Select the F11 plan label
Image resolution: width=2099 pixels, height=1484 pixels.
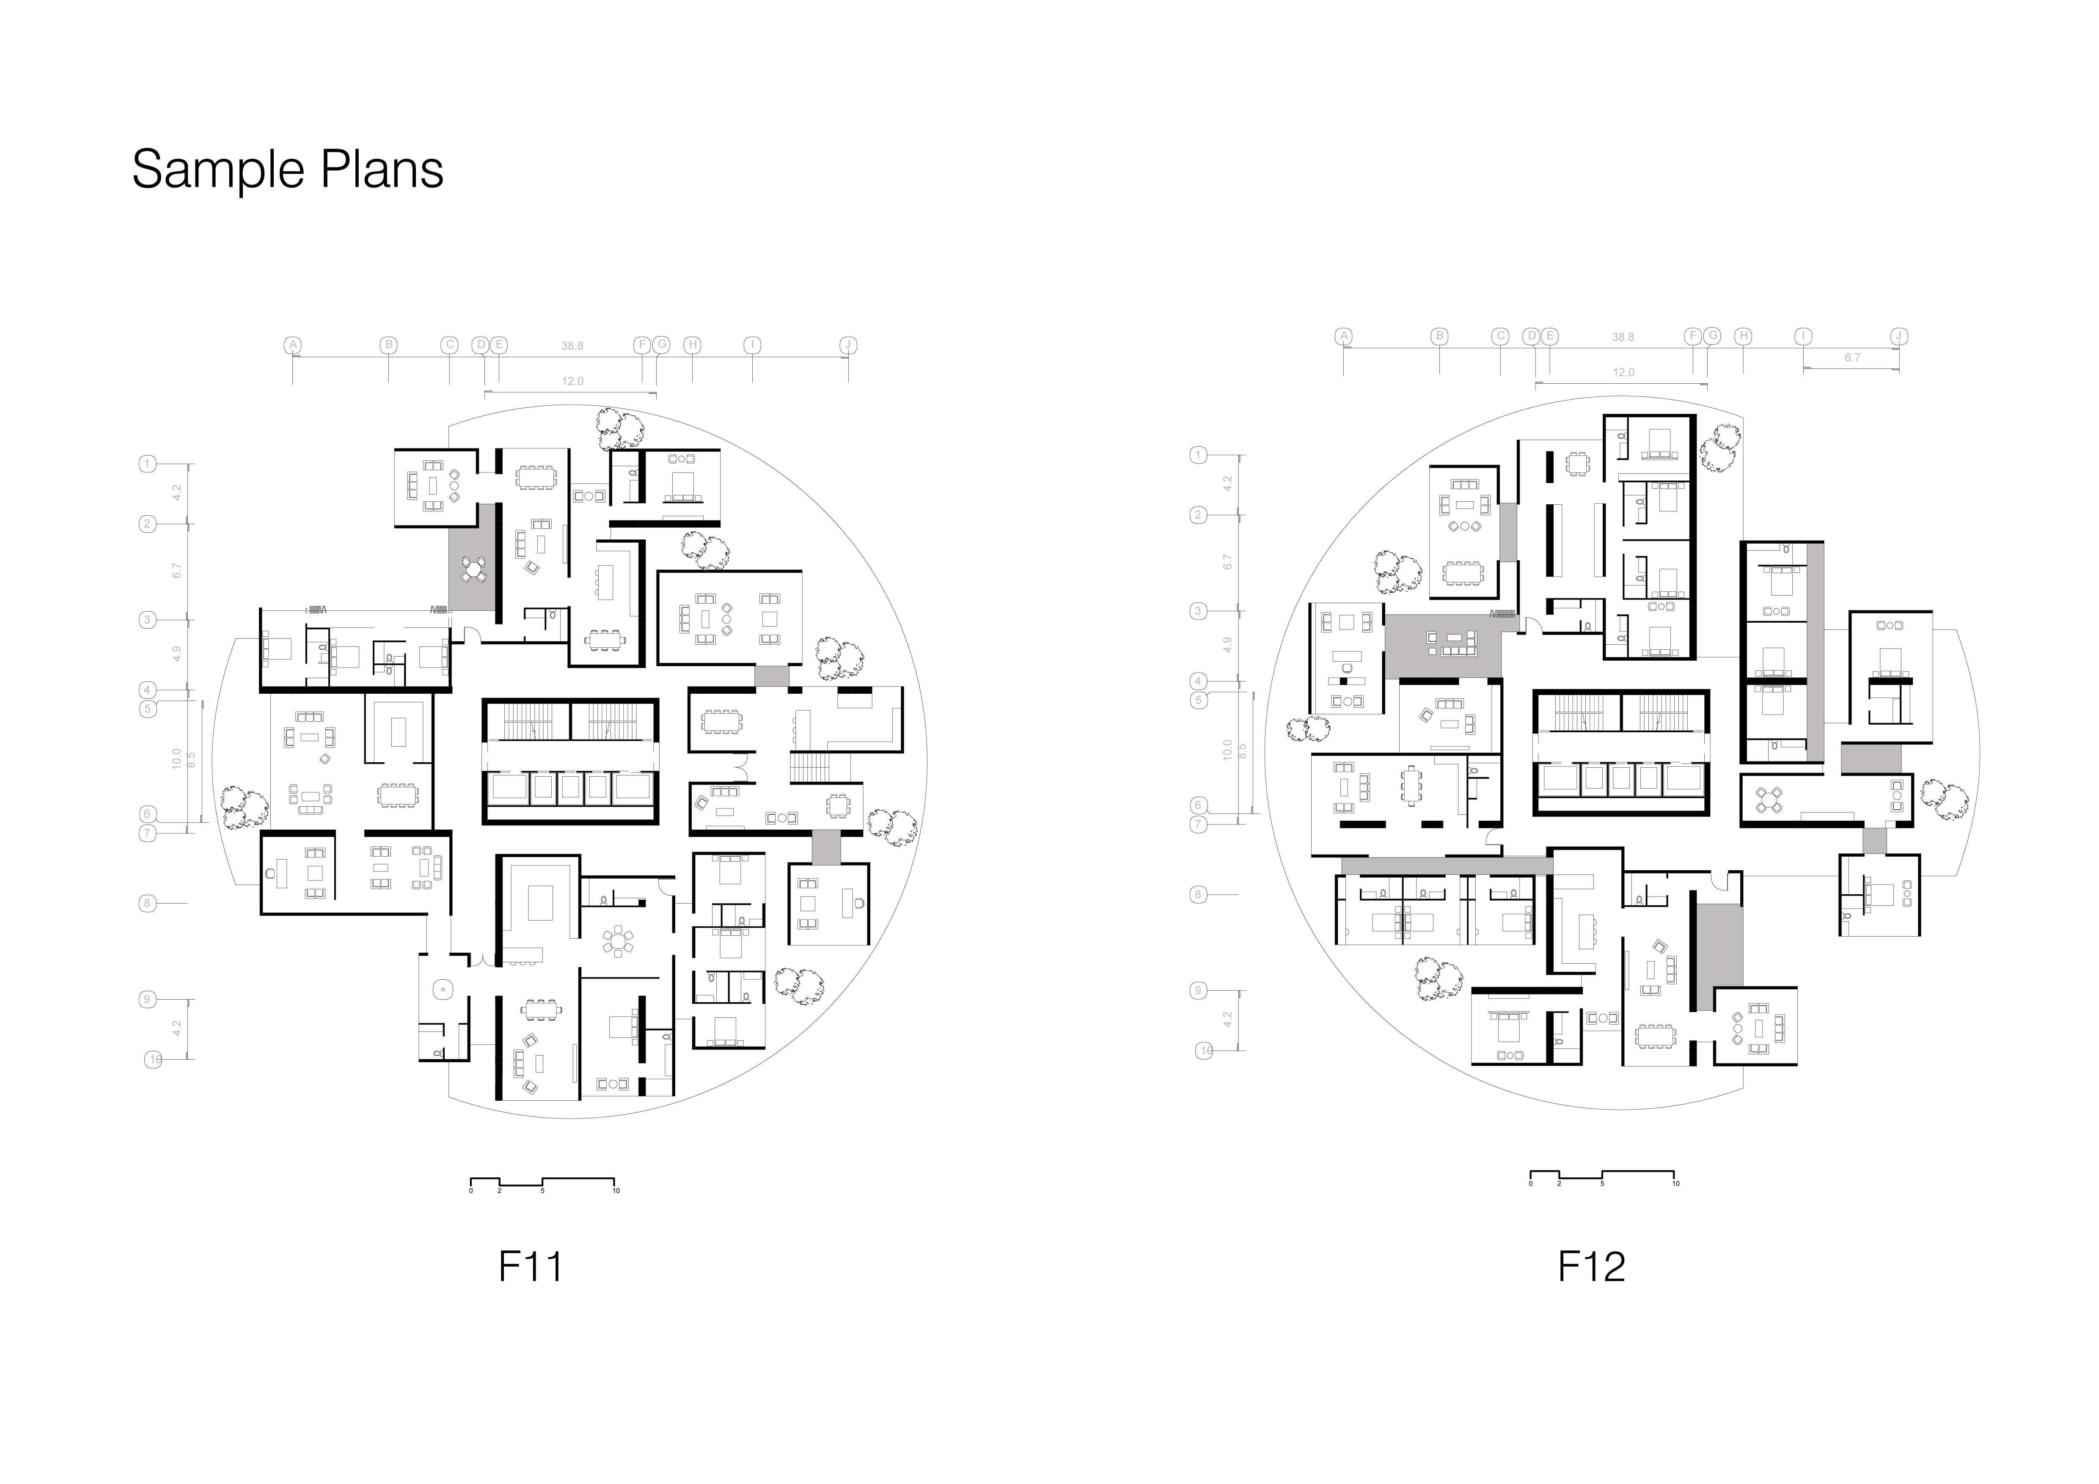click(x=530, y=1267)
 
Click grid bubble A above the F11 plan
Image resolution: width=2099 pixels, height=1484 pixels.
click(x=292, y=344)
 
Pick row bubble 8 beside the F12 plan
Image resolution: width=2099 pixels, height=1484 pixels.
click(x=1198, y=895)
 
